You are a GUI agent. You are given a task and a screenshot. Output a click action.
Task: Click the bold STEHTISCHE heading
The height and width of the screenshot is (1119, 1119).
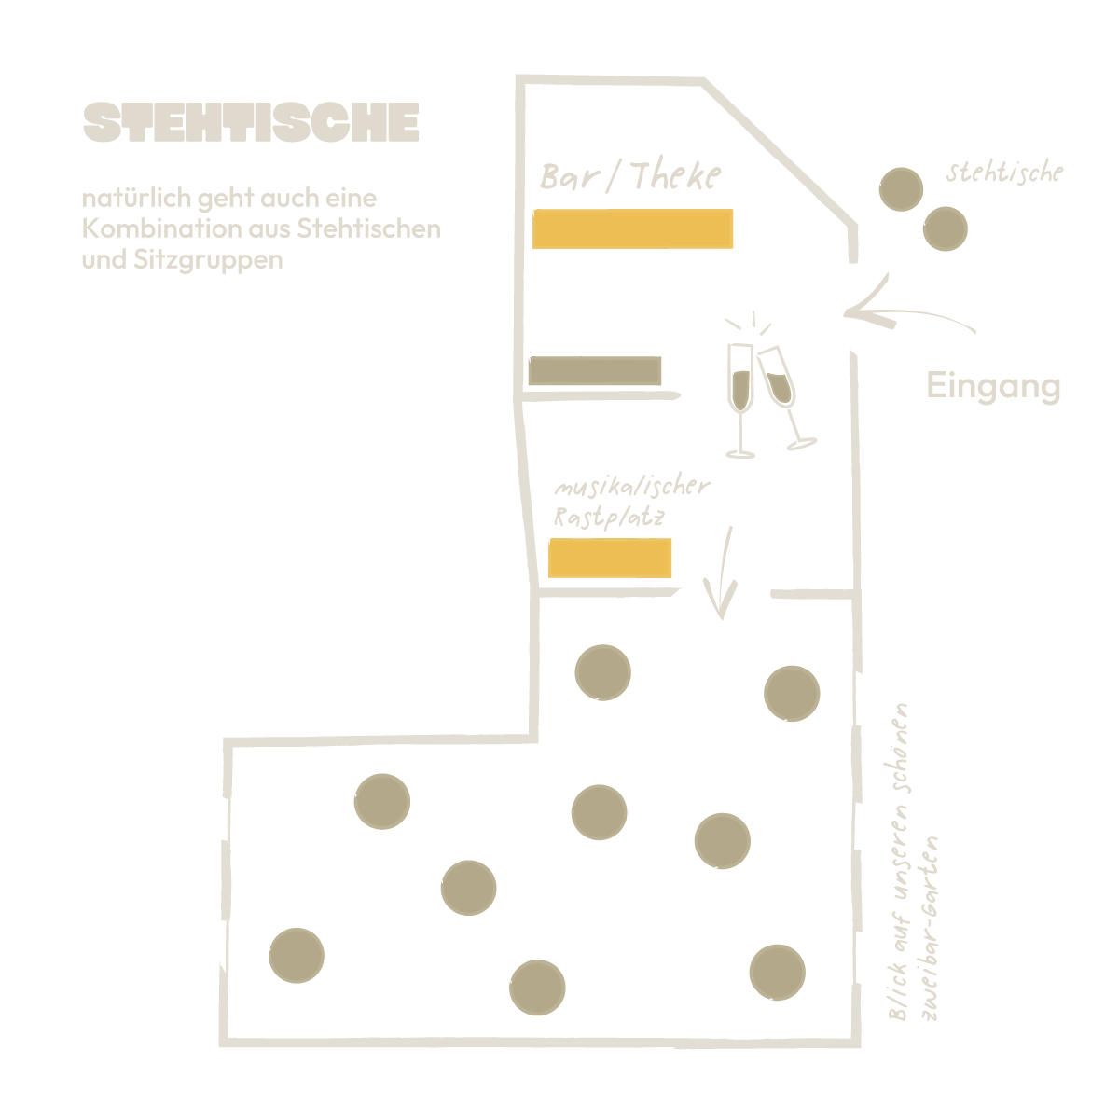coord(251,122)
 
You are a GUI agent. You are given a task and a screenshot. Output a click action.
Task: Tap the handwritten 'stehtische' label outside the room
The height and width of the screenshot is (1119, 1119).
coord(1003,173)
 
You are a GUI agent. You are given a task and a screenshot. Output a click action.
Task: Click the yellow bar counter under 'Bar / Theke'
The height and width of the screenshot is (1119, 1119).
coord(632,228)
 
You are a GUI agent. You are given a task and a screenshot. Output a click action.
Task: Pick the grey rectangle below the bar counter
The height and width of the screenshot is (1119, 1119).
coord(595,371)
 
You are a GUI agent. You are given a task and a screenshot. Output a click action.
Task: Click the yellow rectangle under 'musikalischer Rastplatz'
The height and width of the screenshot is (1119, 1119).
coord(610,558)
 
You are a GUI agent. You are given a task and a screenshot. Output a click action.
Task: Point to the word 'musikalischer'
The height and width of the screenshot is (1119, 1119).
coord(631,488)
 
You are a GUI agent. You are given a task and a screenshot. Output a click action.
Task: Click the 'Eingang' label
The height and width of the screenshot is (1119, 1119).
coord(993,385)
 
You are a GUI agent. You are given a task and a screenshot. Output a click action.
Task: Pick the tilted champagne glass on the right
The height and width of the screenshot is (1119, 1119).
coord(783,396)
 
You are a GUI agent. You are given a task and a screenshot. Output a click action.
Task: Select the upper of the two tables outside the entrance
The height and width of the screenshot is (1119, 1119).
coord(901,189)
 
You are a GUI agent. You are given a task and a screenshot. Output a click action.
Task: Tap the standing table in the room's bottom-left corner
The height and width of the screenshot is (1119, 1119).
coord(297,956)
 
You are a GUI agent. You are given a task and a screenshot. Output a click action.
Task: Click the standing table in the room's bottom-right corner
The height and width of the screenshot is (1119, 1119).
coord(777,972)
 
